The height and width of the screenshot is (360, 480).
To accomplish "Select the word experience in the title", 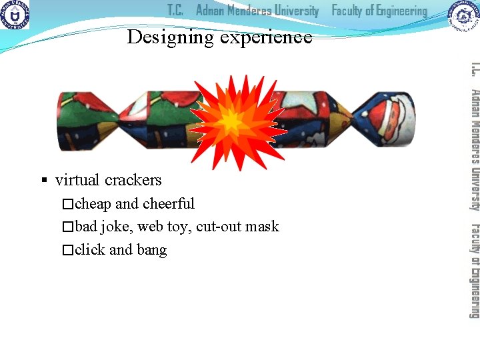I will pos(266,38).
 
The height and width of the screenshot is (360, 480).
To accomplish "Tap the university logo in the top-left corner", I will pos(14,15).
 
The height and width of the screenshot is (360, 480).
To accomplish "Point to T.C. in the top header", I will pos(175,11).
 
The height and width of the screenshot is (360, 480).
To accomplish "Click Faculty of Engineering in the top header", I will pos(379,11).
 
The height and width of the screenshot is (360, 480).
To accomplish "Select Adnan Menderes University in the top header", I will pos(257,11).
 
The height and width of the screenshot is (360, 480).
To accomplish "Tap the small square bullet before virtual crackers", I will pos(44,181).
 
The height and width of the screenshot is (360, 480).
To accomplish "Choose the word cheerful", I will pos(169,204).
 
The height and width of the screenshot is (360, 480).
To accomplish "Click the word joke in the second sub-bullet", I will pos(117,227).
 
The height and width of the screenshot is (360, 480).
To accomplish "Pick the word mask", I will pos(261,227).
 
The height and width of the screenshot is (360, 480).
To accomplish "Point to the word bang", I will pos(152,251).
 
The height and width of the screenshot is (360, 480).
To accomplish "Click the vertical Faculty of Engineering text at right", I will pos(474,269).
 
